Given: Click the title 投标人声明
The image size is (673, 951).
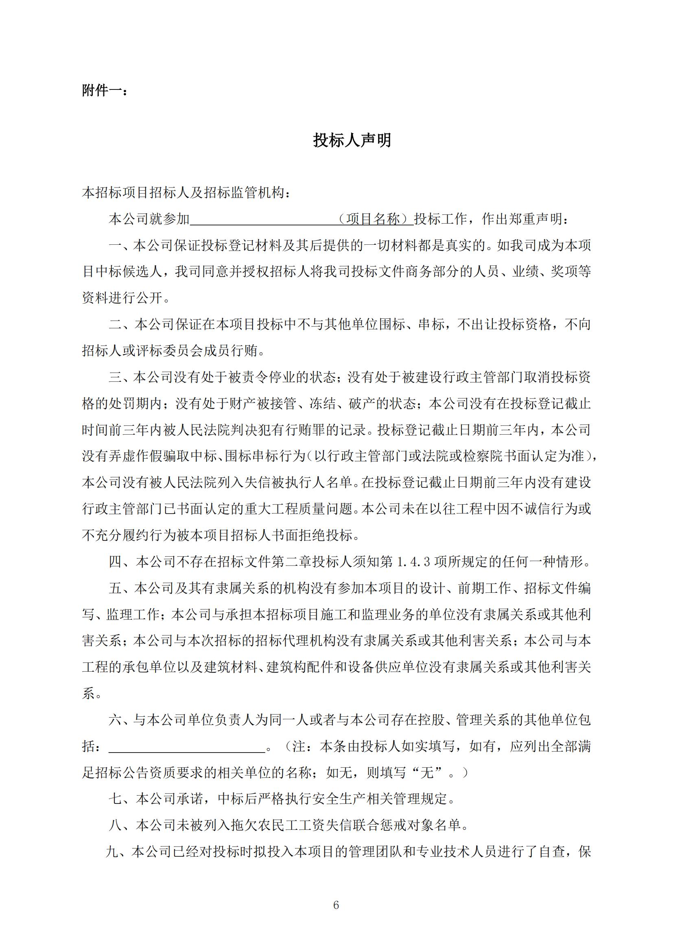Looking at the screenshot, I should [352, 140].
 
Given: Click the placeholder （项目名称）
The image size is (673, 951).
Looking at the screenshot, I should [375, 219].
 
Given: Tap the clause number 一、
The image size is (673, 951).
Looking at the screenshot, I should [120, 246].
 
